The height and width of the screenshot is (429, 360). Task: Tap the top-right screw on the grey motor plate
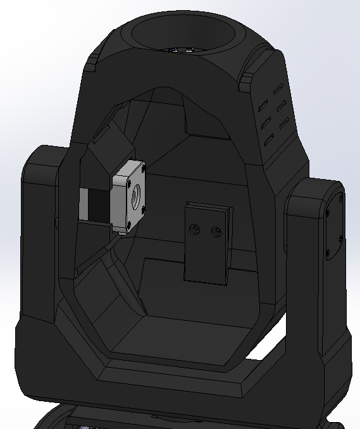(144, 169)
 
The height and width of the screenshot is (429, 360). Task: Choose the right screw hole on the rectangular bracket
(217, 232)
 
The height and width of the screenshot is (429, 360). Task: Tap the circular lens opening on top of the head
(184, 32)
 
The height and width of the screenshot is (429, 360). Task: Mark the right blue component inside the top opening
(189, 50)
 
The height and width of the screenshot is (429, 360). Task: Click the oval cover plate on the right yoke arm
(333, 225)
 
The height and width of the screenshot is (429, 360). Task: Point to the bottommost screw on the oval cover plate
(328, 256)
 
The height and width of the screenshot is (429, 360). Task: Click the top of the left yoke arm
(44, 155)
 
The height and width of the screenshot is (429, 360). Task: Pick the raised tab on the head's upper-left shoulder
(93, 63)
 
